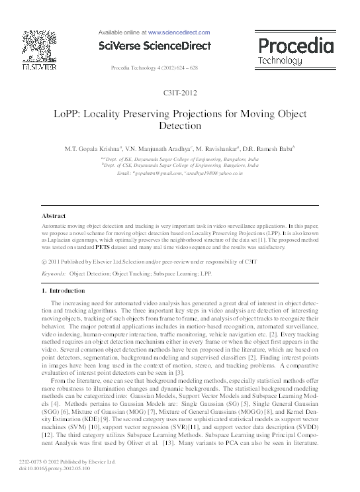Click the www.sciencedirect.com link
(x=179, y=32)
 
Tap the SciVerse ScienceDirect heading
(x=154, y=46)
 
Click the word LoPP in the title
(x=67, y=113)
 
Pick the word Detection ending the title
(x=180, y=125)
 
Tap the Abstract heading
(x=53, y=217)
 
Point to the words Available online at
(x=122, y=32)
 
